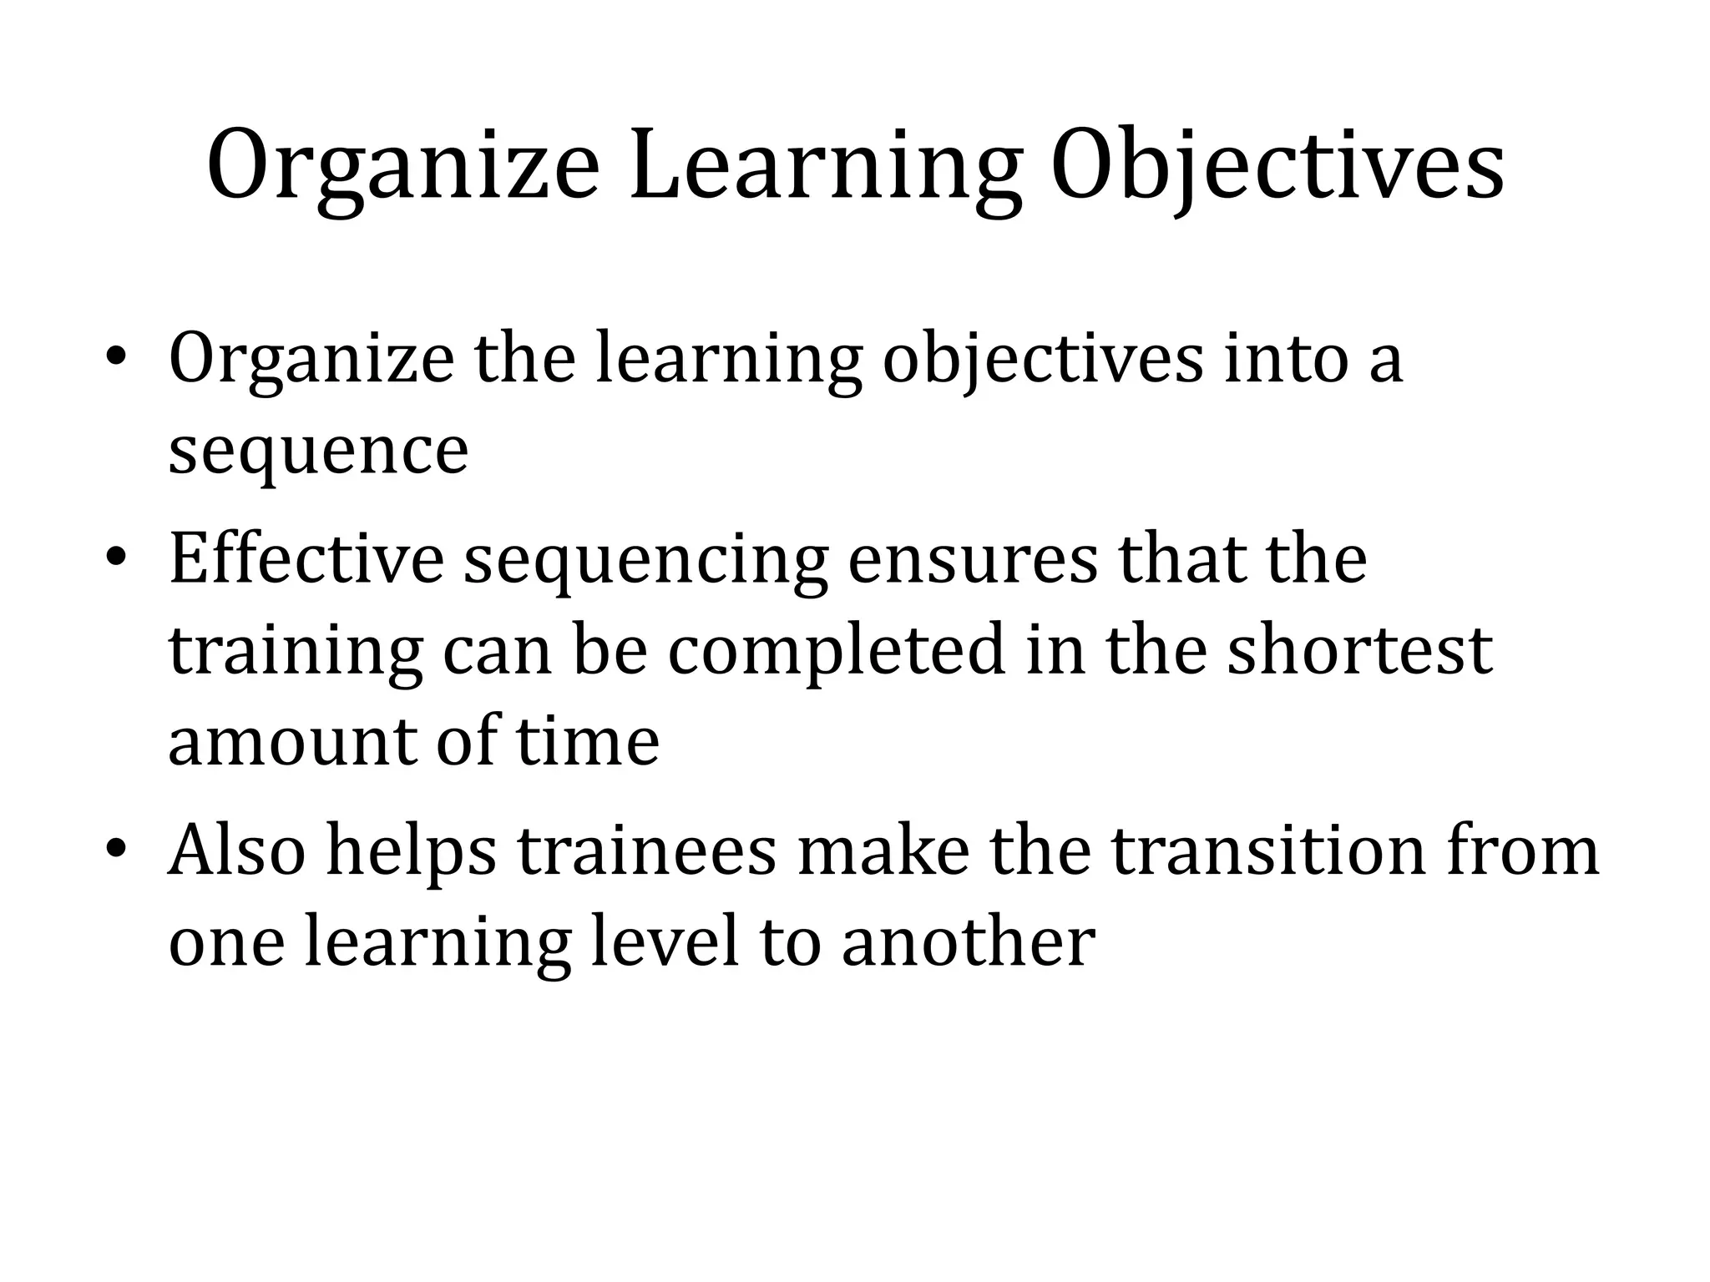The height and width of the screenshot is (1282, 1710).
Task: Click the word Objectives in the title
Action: pyautogui.click(x=1277, y=166)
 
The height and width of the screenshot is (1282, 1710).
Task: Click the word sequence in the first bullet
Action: pyautogui.click(x=318, y=452)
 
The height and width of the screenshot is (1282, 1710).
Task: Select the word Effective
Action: pyautogui.click(x=306, y=558)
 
